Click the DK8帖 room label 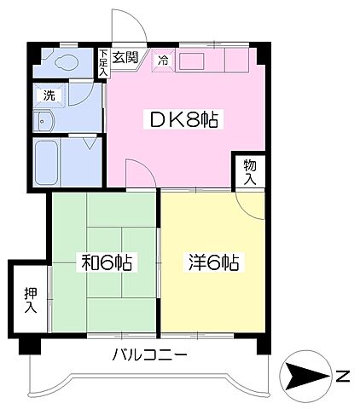pyautogui.click(x=186, y=120)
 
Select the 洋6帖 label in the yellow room pyautogui.click(x=212, y=262)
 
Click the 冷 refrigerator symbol pyautogui.click(x=163, y=60)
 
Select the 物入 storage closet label pyautogui.click(x=249, y=171)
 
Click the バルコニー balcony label pyautogui.click(x=148, y=356)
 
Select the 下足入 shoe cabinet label pyautogui.click(x=102, y=62)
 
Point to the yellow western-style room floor pyautogui.click(x=212, y=298)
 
